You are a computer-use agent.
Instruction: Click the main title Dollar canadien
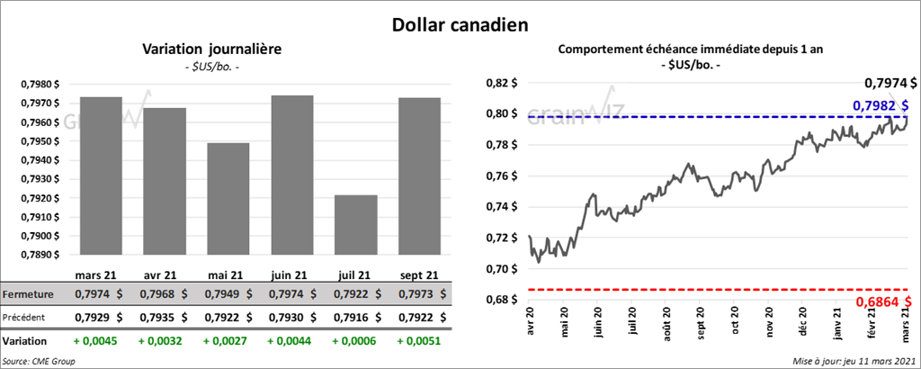[460, 23]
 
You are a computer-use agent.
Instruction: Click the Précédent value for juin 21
[295, 317]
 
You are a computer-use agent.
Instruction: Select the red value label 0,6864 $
[885, 301]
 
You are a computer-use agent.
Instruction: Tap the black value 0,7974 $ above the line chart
[890, 84]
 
